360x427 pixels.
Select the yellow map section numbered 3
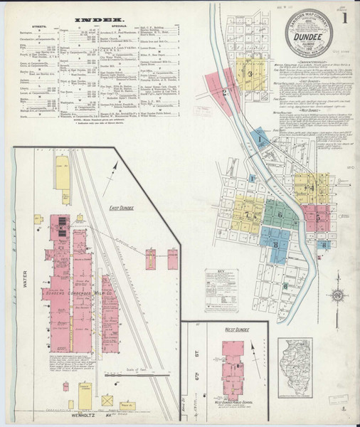coord(250,73)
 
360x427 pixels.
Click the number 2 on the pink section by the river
coord(223,92)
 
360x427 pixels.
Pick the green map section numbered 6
coord(280,213)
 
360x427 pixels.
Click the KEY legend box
coord(221,290)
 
